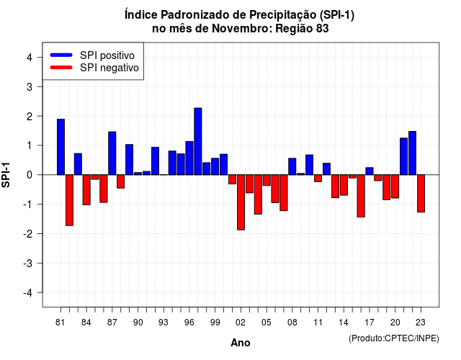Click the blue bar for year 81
point(61,147)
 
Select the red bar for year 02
point(241,202)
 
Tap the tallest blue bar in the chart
point(198,141)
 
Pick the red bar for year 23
point(421,194)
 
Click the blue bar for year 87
point(112,153)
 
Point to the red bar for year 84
point(86,189)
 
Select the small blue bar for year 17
point(370,171)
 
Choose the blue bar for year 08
point(292,166)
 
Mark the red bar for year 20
point(395,186)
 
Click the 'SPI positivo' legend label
point(107,55)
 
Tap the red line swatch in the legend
point(61,68)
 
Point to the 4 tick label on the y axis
point(30,58)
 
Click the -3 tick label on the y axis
point(27,264)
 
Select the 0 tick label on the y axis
point(30,175)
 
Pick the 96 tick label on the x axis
point(189,323)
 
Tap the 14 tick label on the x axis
point(344,323)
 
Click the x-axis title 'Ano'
point(241,343)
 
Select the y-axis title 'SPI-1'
point(6,175)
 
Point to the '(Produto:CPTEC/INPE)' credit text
point(394,338)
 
